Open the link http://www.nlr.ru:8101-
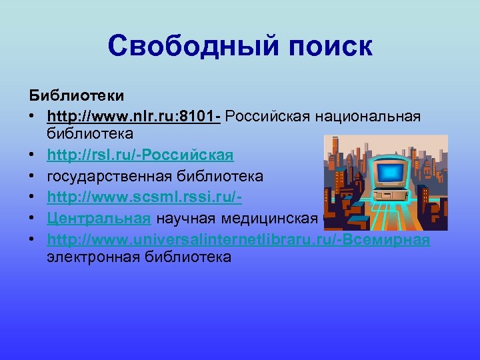134,117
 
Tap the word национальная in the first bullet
375,117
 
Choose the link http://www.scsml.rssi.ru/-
144,197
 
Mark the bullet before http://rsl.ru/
31,156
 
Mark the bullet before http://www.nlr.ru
31,117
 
